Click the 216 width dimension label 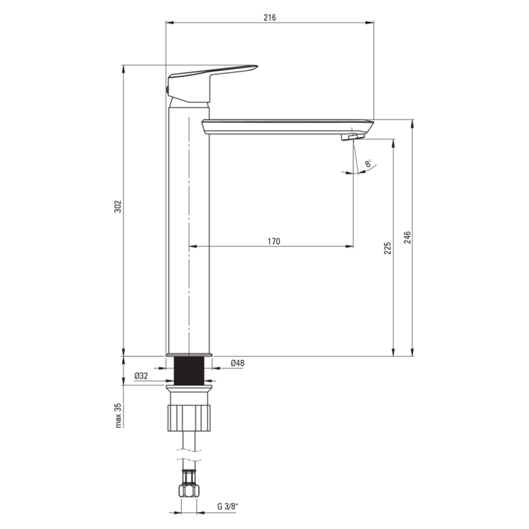270,17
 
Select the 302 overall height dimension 118,207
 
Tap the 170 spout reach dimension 274,241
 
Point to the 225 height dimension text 387,248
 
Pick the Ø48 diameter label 238,363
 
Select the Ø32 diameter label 141,376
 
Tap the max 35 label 118,415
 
